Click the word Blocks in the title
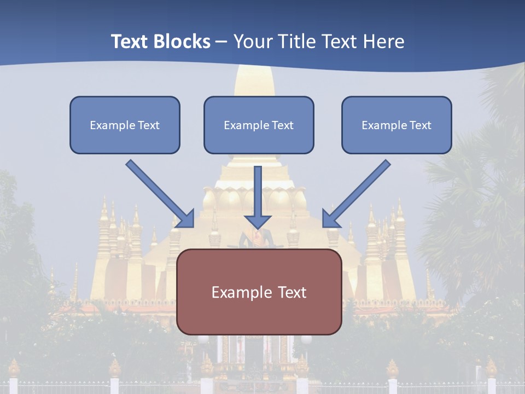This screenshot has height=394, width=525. [x=183, y=42]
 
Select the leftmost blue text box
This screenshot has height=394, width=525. [x=125, y=125]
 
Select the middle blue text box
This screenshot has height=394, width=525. [x=259, y=125]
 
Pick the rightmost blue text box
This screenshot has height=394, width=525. [x=396, y=125]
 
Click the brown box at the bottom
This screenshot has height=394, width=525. [x=259, y=292]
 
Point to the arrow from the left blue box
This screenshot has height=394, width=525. [x=159, y=193]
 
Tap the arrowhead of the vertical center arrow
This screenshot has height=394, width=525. [x=258, y=222]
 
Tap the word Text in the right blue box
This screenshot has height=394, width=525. [x=421, y=125]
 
